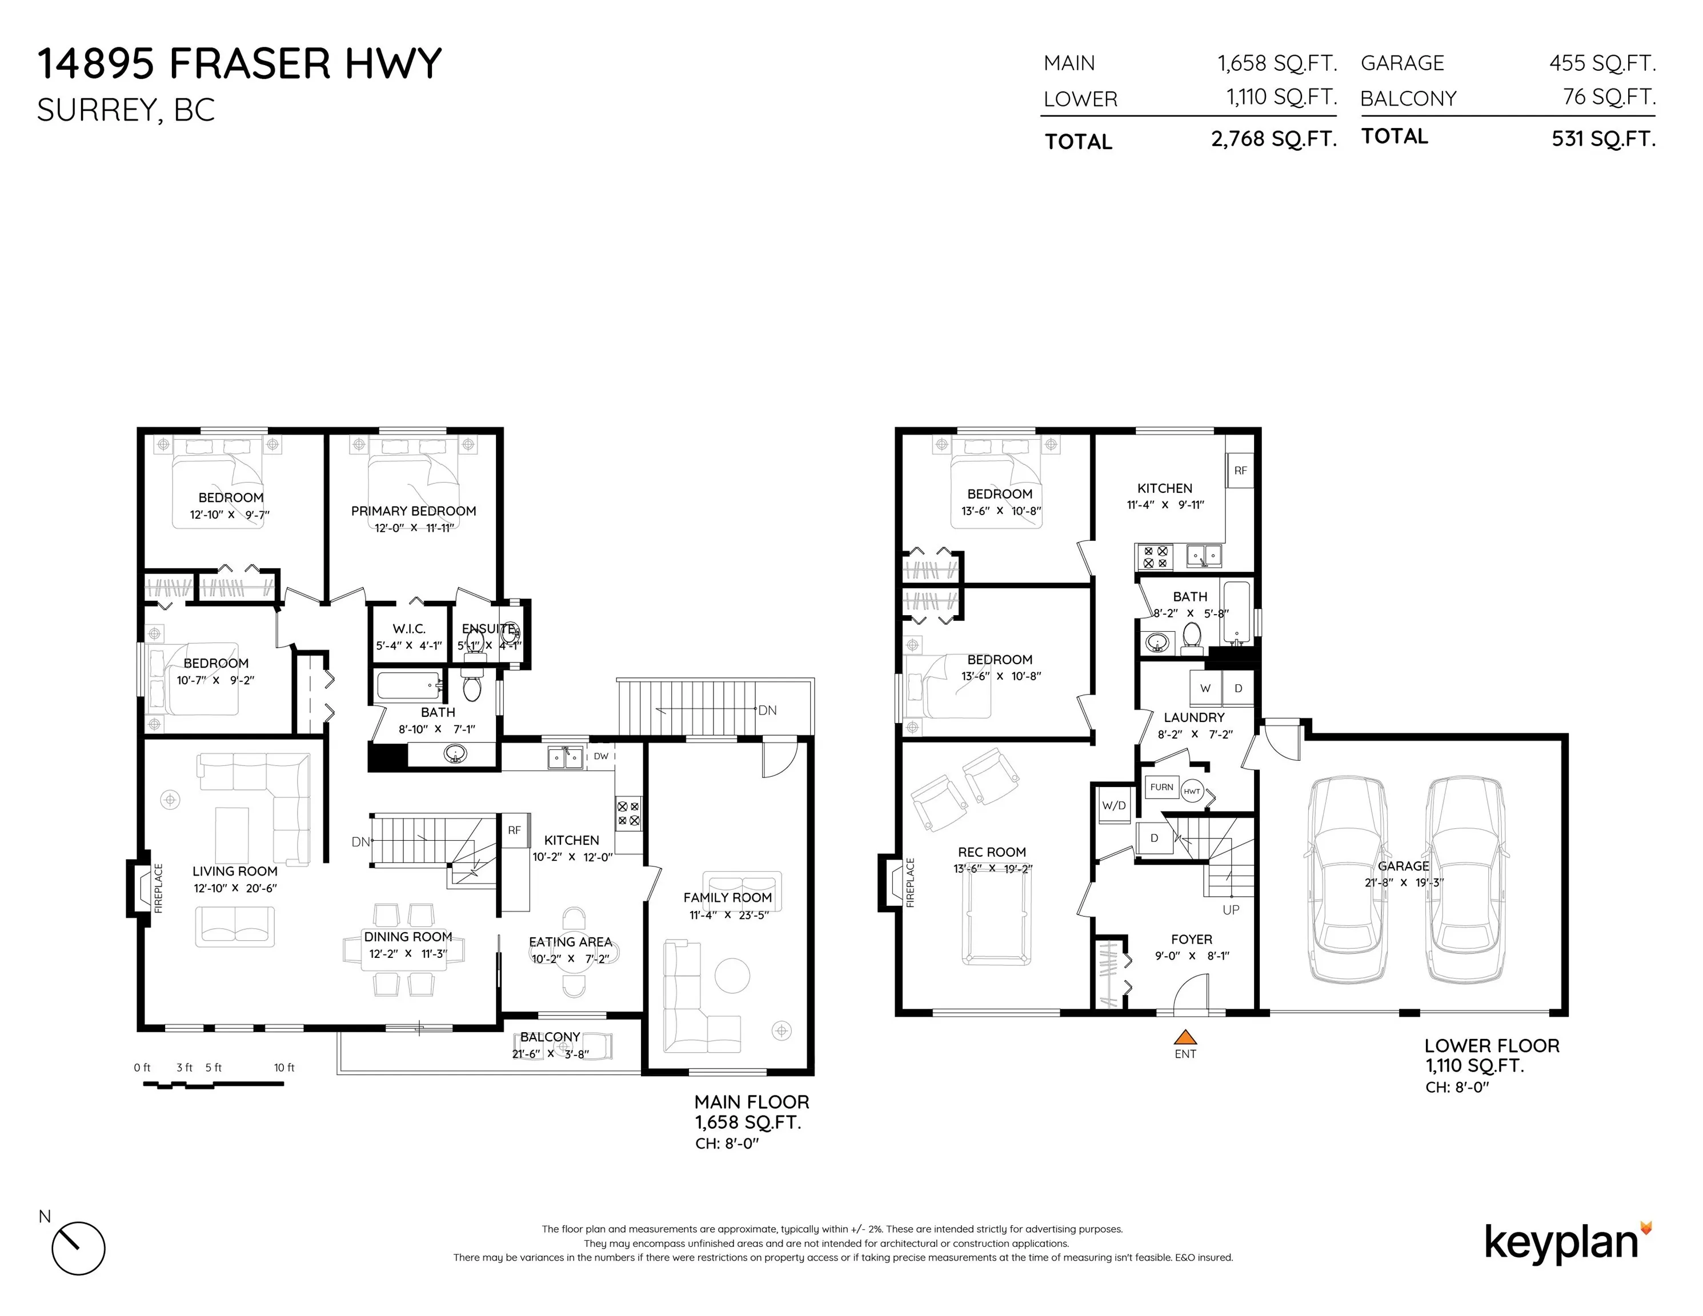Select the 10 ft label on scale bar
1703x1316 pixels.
[x=284, y=1068]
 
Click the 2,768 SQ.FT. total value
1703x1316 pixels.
[x=1273, y=139]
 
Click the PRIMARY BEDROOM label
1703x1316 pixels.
[x=413, y=511]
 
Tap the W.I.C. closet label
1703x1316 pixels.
[x=408, y=628]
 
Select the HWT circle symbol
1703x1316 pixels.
[x=1192, y=791]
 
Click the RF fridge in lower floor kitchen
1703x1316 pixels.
[x=1240, y=471]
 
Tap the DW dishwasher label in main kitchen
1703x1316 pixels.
[x=600, y=756]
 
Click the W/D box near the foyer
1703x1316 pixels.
[x=1113, y=806]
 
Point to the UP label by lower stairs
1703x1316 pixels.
[x=1231, y=910]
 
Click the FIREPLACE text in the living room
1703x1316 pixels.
[x=159, y=888]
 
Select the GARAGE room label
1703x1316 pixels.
[x=1403, y=866]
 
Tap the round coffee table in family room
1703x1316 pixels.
[x=732, y=976]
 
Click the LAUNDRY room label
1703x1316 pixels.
[x=1194, y=717]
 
